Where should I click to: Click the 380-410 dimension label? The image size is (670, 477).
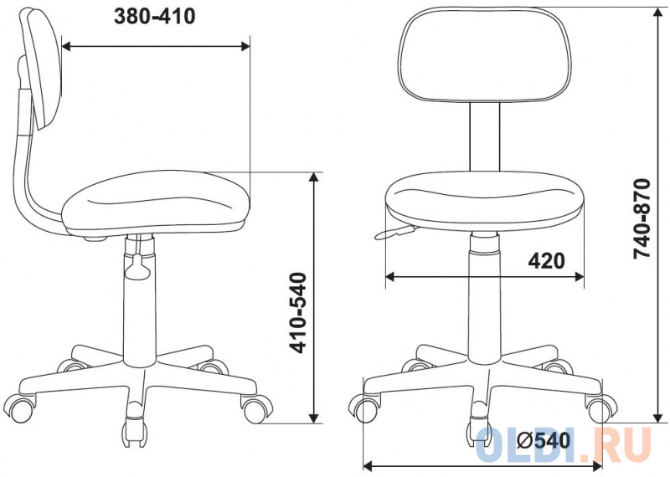[155, 17]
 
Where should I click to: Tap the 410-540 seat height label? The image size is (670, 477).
[298, 313]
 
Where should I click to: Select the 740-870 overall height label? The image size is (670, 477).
[642, 218]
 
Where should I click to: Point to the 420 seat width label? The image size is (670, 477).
[546, 260]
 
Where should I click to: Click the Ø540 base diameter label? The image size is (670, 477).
[544, 440]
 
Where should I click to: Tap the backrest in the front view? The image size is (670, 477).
[484, 54]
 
